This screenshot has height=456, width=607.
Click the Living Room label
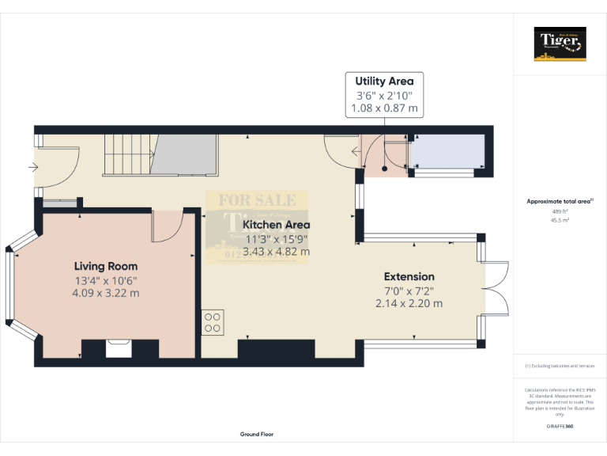[106, 266]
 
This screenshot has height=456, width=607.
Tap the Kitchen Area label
[277, 225]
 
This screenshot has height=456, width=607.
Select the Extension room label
[409, 276]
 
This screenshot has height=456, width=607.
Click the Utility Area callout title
[384, 81]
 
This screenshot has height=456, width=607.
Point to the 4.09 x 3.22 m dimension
[106, 292]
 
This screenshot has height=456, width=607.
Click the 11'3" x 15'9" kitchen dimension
[277, 238]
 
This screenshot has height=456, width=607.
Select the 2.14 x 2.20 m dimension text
[409, 302]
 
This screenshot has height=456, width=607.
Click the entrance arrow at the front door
[32, 167]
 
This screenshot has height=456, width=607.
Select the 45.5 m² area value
[560, 221]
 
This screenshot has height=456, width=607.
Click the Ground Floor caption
[257, 435]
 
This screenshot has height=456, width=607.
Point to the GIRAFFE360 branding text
[560, 426]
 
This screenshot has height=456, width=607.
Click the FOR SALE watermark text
[257, 200]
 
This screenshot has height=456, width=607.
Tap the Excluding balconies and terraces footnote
[560, 366]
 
